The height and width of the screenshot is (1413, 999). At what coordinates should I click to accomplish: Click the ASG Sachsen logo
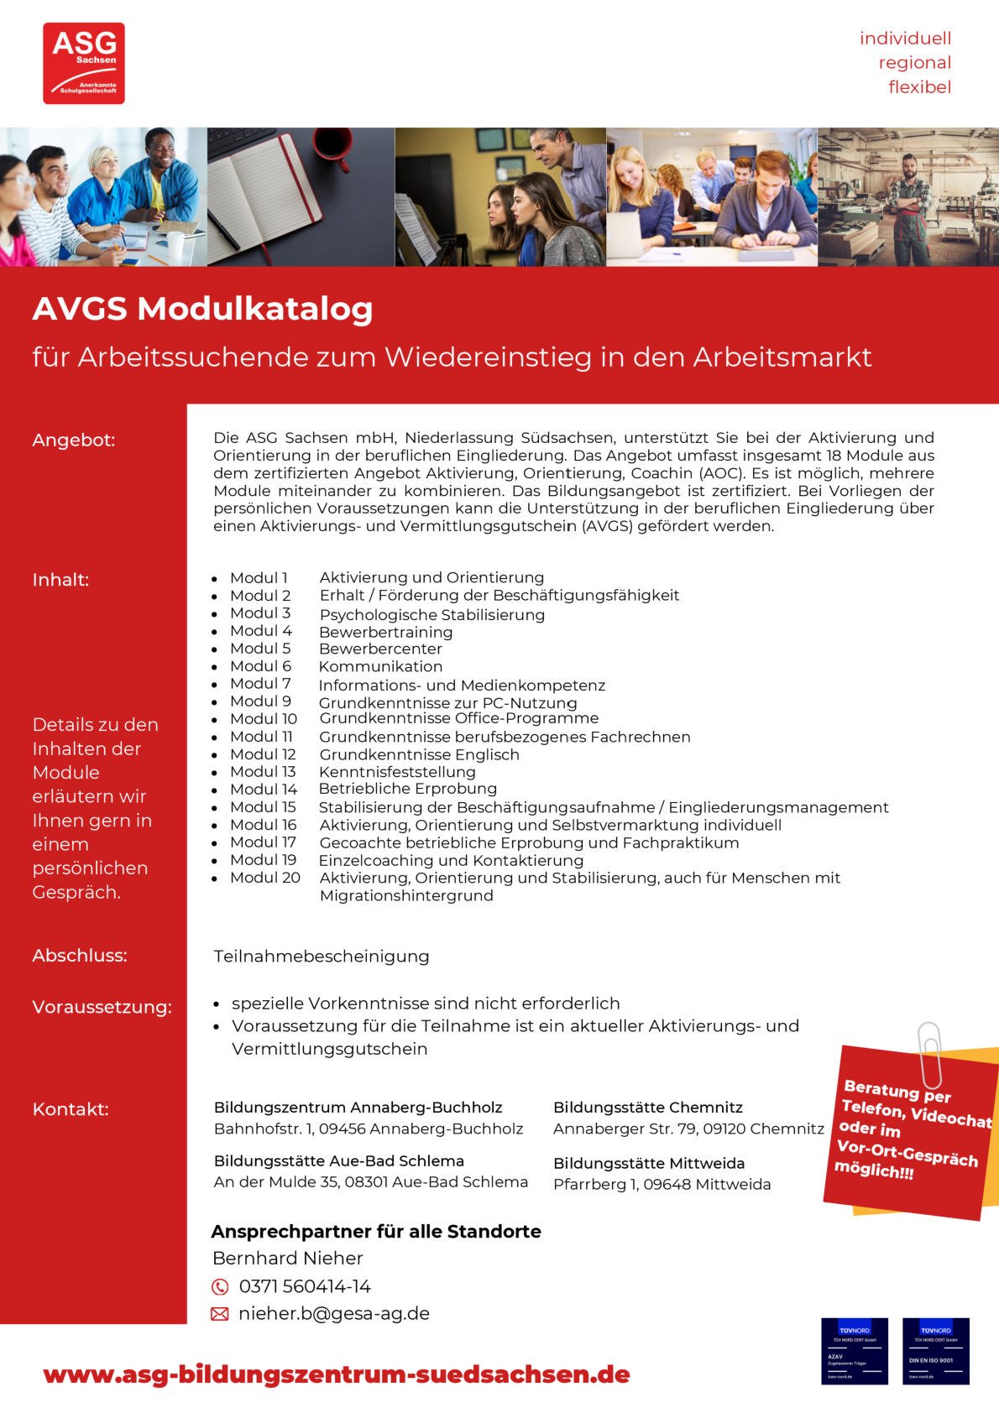click(84, 63)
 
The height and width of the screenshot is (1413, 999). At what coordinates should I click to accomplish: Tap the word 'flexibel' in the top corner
click(919, 87)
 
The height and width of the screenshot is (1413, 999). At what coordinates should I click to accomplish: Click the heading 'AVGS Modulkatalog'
click(202, 309)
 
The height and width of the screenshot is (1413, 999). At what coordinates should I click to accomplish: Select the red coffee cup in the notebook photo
click(332, 144)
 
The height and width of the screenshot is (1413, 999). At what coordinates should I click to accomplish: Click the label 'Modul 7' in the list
click(260, 684)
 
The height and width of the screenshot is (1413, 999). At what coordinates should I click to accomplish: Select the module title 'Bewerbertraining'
click(385, 632)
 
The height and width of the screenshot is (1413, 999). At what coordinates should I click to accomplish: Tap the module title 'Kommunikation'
click(380, 666)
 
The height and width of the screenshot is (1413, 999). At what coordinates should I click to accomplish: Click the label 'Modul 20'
click(264, 878)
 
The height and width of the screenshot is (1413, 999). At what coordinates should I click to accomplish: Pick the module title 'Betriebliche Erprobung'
click(407, 789)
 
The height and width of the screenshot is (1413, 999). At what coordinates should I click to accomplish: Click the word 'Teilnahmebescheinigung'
click(321, 957)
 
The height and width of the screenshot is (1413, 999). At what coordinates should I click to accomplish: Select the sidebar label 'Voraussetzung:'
click(102, 1007)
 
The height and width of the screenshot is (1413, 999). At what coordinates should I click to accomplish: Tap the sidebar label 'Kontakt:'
click(71, 1109)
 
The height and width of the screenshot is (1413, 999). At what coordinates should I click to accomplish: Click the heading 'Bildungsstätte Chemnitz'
click(647, 1108)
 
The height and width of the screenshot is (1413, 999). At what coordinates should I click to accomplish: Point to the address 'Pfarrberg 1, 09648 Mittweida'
click(662, 1185)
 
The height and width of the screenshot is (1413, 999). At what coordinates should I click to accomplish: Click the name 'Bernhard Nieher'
click(287, 1259)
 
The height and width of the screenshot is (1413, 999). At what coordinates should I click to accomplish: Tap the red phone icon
click(219, 1287)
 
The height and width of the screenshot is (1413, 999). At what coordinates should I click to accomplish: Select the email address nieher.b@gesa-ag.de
click(333, 1314)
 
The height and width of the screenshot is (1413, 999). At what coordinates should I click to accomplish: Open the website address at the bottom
click(336, 1374)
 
